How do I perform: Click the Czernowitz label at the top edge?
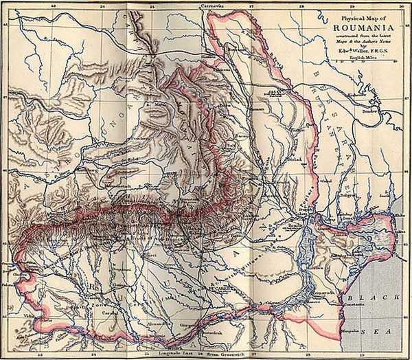pos(206,4)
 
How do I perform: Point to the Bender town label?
pos(371,109)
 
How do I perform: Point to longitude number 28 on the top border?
pos(301,4)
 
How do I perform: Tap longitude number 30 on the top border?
pos(401,4)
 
